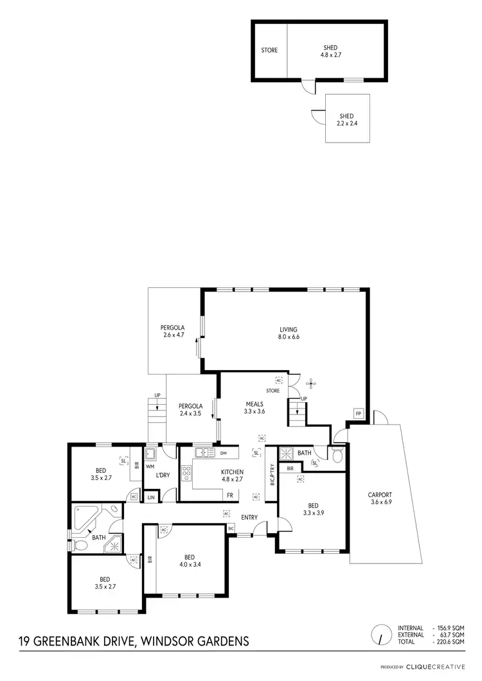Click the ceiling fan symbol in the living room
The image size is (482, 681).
(x=312, y=384)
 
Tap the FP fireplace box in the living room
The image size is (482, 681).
(x=357, y=413)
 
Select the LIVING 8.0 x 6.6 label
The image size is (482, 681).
(x=286, y=332)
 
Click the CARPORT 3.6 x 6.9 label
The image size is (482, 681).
(x=379, y=499)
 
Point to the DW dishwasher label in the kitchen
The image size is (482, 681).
(x=223, y=453)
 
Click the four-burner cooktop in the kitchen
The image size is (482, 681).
(x=187, y=473)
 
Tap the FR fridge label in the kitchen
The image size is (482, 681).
(x=229, y=495)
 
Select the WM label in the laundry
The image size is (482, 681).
(x=150, y=466)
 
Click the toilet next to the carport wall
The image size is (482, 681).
(x=338, y=455)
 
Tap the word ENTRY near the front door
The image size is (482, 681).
(x=249, y=517)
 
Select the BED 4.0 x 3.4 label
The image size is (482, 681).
(x=190, y=561)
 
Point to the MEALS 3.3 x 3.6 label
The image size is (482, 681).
(x=254, y=408)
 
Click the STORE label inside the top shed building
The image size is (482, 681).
(x=269, y=50)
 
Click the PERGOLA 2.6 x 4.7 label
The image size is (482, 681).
(x=173, y=331)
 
